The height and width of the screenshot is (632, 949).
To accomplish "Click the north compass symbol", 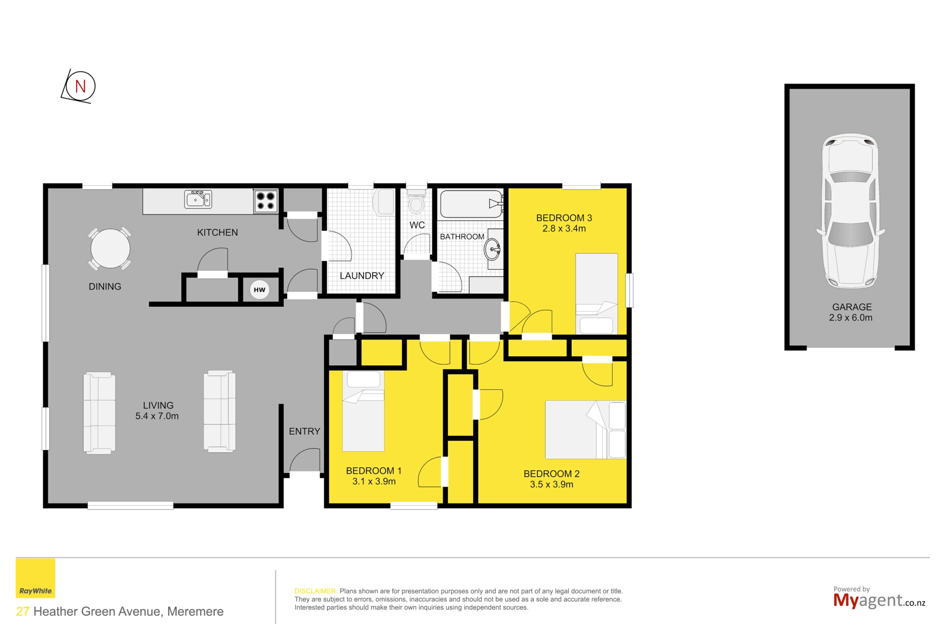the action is pyautogui.click(x=79, y=86).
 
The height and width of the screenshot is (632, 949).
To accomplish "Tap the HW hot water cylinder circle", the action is pyautogui.click(x=259, y=290).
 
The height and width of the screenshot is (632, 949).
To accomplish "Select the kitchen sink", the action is pyautogui.click(x=198, y=199).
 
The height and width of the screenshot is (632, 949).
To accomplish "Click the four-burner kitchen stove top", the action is pyautogui.click(x=266, y=201).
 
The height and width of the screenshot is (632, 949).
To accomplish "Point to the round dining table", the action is pyautogui.click(x=110, y=249).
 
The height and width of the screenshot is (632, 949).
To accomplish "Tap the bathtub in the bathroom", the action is pyautogui.click(x=472, y=204).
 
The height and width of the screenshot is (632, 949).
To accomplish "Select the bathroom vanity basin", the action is pyautogui.click(x=492, y=250).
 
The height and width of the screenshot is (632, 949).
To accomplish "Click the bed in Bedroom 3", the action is pyautogui.click(x=597, y=294).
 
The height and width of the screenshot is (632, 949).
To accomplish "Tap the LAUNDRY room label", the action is pyautogui.click(x=362, y=276).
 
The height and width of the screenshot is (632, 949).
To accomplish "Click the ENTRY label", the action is pyautogui.click(x=304, y=431).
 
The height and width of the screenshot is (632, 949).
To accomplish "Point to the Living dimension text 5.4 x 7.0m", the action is pyautogui.click(x=157, y=416).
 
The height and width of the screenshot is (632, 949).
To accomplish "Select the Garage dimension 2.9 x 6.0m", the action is pyautogui.click(x=851, y=318).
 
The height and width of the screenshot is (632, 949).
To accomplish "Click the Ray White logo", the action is pyautogui.click(x=36, y=578).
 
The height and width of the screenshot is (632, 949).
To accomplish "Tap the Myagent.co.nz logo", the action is pyautogui.click(x=879, y=598).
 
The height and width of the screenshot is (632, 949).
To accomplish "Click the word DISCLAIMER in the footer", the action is pyautogui.click(x=316, y=591).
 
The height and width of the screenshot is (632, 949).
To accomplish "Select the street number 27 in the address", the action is pyautogui.click(x=23, y=611).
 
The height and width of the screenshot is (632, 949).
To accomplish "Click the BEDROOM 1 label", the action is pyautogui.click(x=374, y=471).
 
